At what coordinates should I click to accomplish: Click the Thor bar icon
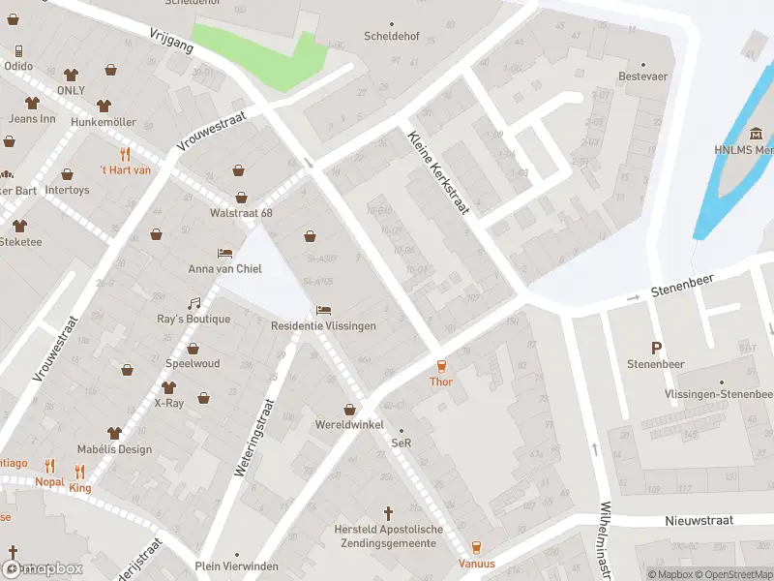441,365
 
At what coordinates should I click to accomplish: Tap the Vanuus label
476,564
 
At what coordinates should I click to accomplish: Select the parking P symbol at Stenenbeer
657,348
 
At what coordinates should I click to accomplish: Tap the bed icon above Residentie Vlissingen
323,310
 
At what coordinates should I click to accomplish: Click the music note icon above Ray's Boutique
194,303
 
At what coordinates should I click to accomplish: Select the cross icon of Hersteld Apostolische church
389,513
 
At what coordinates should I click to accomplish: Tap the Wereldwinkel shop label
349,425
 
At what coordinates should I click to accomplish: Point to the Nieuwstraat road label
700,520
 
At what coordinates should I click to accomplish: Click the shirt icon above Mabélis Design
114,433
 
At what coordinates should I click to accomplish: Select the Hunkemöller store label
104,122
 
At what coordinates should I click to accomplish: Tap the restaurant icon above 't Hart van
126,154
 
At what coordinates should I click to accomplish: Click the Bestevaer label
642,76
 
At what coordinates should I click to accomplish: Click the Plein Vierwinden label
236,566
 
